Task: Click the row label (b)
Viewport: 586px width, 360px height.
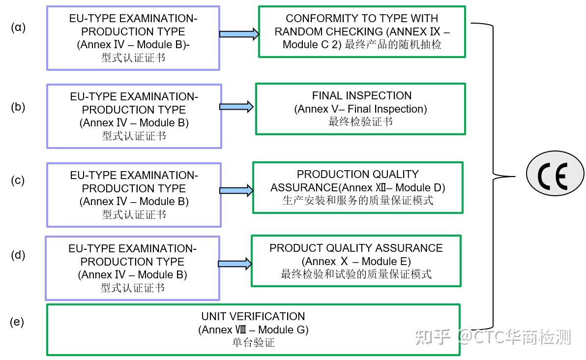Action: tap(18, 107)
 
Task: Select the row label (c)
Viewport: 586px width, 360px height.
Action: tap(18, 180)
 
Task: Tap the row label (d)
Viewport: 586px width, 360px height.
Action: tap(18, 255)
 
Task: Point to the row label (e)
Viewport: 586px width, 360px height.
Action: tap(17, 322)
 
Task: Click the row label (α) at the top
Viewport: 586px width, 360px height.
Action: tap(18, 28)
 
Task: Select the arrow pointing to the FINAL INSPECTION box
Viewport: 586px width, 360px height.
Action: tap(236, 107)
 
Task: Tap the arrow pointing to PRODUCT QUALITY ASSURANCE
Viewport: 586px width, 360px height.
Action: tap(234, 264)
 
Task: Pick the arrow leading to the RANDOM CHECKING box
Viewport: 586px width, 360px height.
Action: tap(239, 34)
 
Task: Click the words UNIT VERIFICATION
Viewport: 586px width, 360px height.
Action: tap(253, 316)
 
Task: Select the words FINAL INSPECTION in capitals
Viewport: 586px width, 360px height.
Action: tap(362, 95)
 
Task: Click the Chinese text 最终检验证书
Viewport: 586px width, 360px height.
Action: tap(360, 121)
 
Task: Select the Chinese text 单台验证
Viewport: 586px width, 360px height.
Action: tap(253, 343)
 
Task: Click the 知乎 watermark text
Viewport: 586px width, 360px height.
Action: tap(433, 337)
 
